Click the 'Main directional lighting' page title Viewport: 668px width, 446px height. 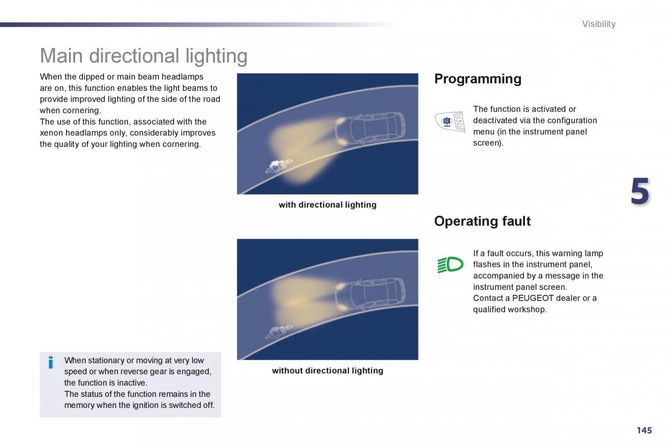click(x=144, y=56)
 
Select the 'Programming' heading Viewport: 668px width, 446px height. click(x=478, y=79)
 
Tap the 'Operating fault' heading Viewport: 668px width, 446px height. click(x=482, y=221)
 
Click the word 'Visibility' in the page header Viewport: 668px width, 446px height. click(x=598, y=24)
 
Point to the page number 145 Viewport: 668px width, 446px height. click(x=644, y=430)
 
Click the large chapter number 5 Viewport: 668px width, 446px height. click(x=640, y=191)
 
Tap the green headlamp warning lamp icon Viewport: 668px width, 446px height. click(x=450, y=264)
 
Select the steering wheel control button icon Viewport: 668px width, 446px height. click(x=450, y=121)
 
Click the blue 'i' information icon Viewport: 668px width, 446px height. click(x=51, y=362)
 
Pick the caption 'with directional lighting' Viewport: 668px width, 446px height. click(x=327, y=205)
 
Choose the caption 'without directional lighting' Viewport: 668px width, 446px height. click(x=327, y=371)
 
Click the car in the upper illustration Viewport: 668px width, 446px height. click(x=370, y=129)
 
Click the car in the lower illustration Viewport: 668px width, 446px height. click(x=370, y=295)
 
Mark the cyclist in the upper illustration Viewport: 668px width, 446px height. click(x=279, y=166)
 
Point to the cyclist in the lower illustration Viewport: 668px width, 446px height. click(x=279, y=332)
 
